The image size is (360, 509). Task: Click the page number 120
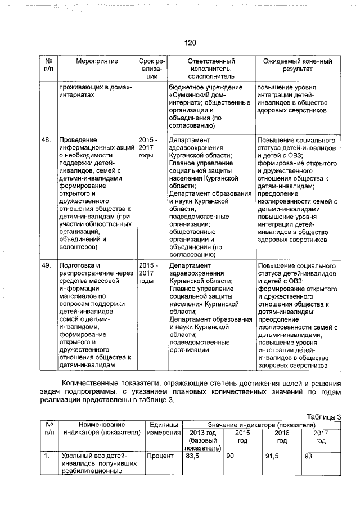[189, 42]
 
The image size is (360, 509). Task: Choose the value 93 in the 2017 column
[308, 456]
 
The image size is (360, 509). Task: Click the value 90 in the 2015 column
[230, 456]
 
